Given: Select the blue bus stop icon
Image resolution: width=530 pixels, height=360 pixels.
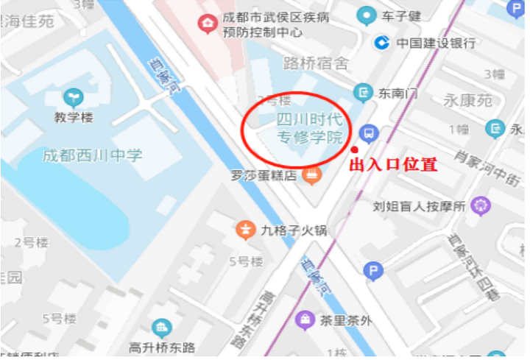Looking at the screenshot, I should tap(368, 133).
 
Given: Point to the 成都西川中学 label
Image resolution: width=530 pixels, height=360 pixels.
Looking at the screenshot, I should tap(92, 155).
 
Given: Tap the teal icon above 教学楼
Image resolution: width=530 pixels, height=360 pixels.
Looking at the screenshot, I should tap(73, 96).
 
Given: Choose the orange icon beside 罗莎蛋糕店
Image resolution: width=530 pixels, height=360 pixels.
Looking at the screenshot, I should tap(312, 175).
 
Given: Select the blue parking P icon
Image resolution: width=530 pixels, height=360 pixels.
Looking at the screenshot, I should tap(374, 272).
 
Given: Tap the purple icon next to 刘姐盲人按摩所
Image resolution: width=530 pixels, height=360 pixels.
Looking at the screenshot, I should tap(481, 204).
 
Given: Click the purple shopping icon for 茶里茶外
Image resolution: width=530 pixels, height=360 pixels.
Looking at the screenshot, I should tap(303, 320).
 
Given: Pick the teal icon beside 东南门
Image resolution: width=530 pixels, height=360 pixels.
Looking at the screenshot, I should tap(362, 93).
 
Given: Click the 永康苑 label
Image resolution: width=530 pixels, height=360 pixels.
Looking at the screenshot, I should tap(468, 100).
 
